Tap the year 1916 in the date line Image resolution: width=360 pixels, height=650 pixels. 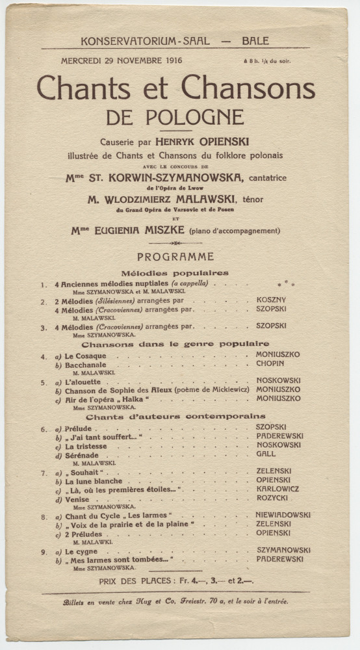pyautogui.click(x=170, y=60)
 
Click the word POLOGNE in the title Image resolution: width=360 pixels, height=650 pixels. pyautogui.click(x=175, y=117)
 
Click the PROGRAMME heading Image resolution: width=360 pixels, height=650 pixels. pyautogui.click(x=175, y=257)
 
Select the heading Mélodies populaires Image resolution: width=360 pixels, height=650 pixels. pyautogui.click(x=175, y=273)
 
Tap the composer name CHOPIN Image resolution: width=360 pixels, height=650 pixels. pyautogui.click(x=270, y=363)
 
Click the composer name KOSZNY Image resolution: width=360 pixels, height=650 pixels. pyautogui.click(x=271, y=300)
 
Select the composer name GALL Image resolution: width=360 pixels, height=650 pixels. pyautogui.click(x=265, y=454)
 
